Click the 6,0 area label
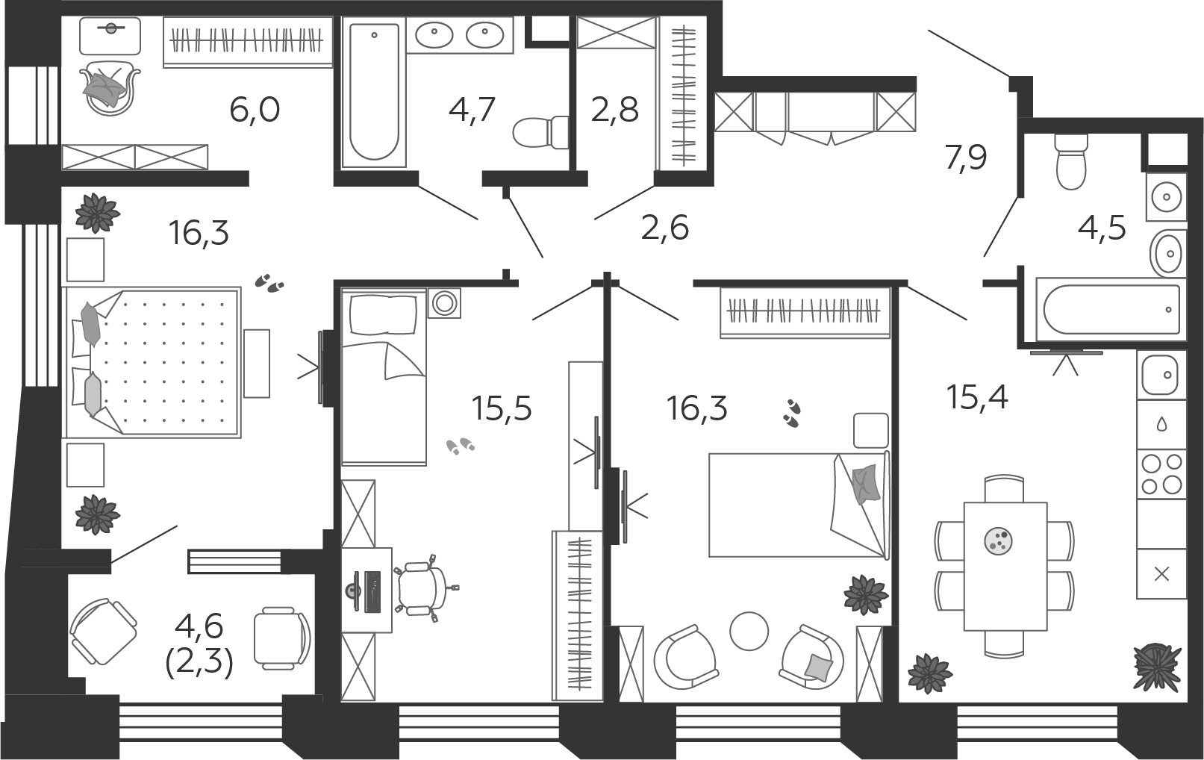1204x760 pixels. pyautogui.click(x=255, y=110)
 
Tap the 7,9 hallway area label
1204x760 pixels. pyautogui.click(x=965, y=158)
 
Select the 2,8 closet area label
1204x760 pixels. pyautogui.click(x=615, y=110)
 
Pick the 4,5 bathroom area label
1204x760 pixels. pyautogui.click(x=1102, y=229)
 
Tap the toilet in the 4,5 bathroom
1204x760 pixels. pyautogui.click(x=1071, y=161)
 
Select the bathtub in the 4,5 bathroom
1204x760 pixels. pyautogui.click(x=1111, y=310)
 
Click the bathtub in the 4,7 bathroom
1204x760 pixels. pyautogui.click(x=374, y=91)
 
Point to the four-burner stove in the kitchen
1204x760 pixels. pyautogui.click(x=1161, y=473)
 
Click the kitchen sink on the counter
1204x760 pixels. pyautogui.click(x=1161, y=375)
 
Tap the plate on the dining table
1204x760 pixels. pyautogui.click(x=999, y=541)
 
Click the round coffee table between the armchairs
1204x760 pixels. pyautogui.click(x=749, y=631)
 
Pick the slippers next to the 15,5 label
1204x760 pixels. pyautogui.click(x=461, y=446)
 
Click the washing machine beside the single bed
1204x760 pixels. pyautogui.click(x=444, y=303)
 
